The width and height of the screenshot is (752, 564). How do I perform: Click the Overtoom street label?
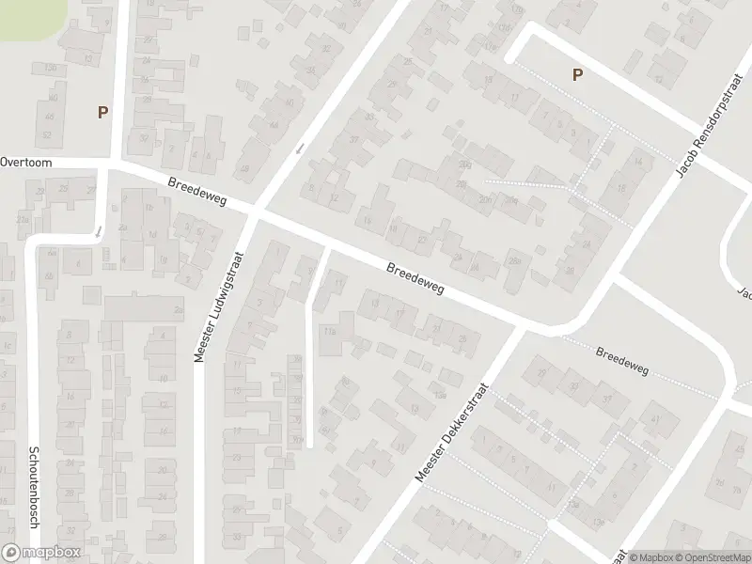point(26,163)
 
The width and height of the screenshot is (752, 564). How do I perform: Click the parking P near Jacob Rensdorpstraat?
point(576,75)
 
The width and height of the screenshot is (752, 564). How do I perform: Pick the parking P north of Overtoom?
point(102,112)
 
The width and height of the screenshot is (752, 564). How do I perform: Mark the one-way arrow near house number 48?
point(300,149)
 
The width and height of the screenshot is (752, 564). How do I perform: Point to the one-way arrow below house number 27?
point(99,229)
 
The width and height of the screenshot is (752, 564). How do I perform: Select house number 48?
point(246,169)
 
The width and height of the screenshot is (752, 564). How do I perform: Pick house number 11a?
point(329,332)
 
